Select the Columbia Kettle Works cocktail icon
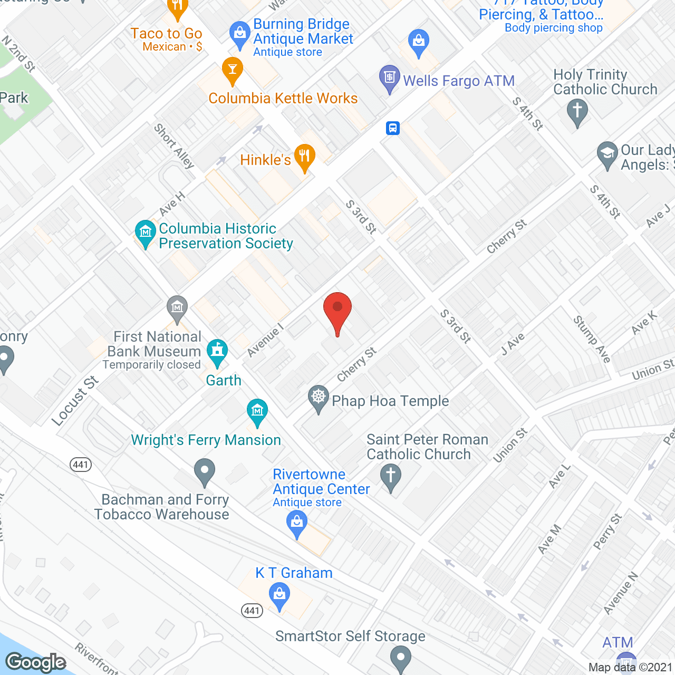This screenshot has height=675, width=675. click(232, 70)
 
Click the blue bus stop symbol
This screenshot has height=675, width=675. click(393, 128)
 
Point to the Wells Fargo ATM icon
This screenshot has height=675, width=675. click(389, 79)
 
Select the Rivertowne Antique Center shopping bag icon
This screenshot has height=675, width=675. click(297, 524)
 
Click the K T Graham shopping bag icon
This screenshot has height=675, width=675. click(279, 596)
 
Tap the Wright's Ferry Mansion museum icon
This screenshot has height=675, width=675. click(257, 411)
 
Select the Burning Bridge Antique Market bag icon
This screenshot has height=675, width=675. click(240, 34)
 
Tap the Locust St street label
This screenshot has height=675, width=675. click(75, 401)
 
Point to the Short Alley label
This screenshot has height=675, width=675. click(175, 146)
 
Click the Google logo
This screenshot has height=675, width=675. click(36, 662)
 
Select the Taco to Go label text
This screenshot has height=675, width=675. click(167, 33)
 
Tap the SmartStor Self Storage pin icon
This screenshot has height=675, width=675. click(401, 659)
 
